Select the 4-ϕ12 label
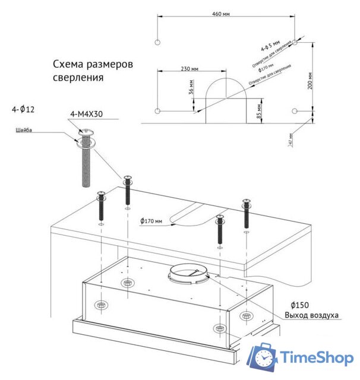23,110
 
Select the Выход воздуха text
311,315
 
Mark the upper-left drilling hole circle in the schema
157,43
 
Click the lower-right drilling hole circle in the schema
295,111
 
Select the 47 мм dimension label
290,140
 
